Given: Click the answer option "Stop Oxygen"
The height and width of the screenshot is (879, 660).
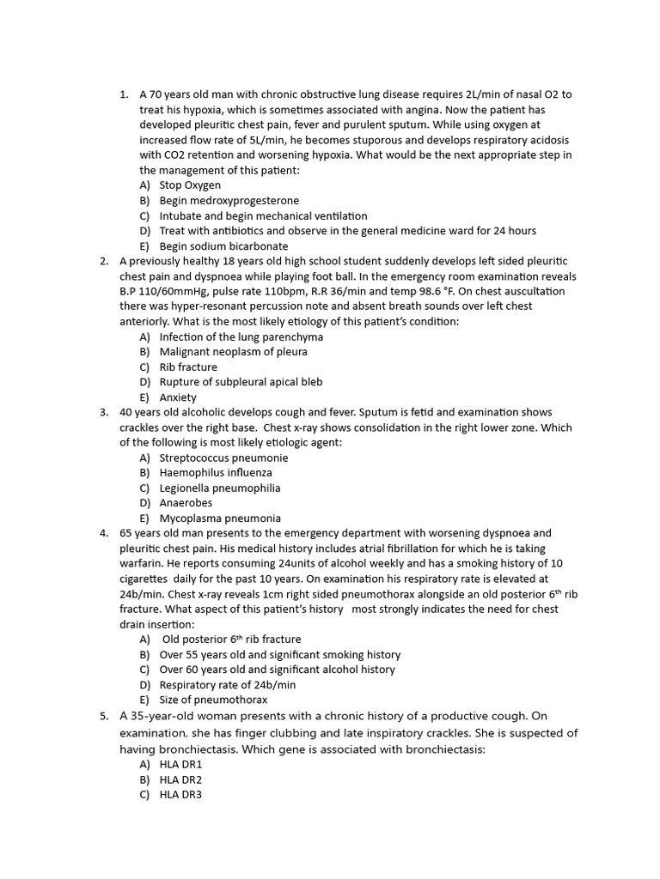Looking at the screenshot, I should point(190,185).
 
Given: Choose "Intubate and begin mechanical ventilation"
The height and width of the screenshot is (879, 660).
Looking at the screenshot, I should point(263,216).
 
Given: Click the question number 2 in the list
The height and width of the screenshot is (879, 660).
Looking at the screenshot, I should point(104,261).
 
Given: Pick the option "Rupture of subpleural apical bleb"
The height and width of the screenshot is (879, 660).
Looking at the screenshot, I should point(241,382).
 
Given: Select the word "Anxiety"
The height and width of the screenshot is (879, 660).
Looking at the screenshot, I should point(178,397).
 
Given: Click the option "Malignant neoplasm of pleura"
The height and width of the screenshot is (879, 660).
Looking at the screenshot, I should point(233,352).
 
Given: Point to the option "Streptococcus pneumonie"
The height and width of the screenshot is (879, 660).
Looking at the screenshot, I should point(223,458).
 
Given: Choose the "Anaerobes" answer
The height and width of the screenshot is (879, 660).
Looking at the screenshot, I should point(186,503).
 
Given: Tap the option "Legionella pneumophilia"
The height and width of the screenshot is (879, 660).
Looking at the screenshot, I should point(220,488).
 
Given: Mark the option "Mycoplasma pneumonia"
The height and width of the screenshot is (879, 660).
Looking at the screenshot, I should point(220,518).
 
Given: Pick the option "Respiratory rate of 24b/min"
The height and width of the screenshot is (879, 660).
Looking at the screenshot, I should point(228,685).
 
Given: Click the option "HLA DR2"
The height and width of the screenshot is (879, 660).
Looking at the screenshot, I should point(180,779).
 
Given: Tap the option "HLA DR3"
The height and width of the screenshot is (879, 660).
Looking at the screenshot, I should point(180,795).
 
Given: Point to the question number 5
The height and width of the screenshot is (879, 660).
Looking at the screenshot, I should point(104,716).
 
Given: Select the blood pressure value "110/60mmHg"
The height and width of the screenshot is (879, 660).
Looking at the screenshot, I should point(175,292).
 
